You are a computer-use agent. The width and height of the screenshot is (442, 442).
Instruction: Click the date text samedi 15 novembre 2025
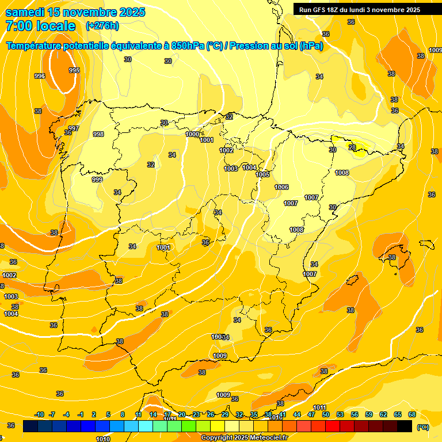pos(75,12)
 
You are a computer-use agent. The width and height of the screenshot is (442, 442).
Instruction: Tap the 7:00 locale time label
pos(40,26)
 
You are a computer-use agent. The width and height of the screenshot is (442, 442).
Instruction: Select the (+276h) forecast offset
pos(102,26)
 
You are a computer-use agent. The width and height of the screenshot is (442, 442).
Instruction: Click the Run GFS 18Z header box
pos(360,9)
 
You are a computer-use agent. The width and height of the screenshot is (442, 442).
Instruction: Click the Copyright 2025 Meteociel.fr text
pos(244,438)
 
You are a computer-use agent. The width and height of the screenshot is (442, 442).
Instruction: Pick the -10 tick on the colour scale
pos(40,414)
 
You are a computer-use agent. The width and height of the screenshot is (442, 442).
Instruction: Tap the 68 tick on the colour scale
pos(411,414)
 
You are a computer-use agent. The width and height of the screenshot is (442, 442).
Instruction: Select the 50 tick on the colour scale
pos(326,414)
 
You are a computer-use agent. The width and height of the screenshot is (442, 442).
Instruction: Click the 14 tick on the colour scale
pos(153,414)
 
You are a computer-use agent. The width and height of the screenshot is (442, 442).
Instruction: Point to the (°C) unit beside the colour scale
pos(422,427)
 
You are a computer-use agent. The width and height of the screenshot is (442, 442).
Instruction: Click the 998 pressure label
pos(98,134)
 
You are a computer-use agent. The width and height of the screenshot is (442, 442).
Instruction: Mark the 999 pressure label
pos(97,180)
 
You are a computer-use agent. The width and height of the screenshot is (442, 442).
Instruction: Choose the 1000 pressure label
pos(192,134)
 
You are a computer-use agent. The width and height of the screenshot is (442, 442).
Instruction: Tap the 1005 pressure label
pos(262,174)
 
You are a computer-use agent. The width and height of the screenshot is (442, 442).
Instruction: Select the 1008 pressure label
pos(296,230)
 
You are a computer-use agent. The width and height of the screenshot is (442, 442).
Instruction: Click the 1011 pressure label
pos(319,407)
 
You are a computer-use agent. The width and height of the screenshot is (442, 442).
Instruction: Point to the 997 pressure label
pos(73,128)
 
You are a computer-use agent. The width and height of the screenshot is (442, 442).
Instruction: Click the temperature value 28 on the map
pos(352,147)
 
